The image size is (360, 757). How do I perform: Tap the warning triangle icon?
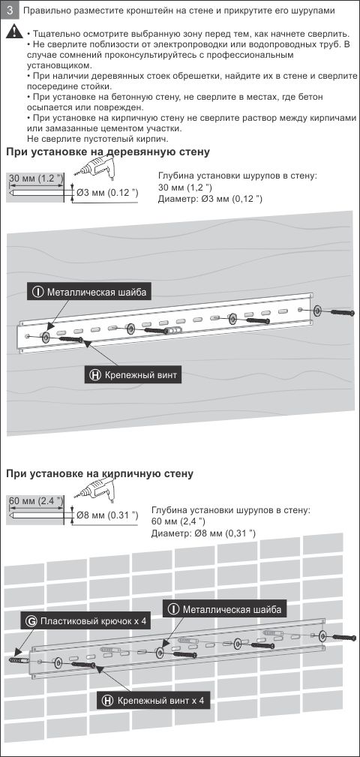pos(14,32)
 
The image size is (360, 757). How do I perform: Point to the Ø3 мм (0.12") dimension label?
pos(107,193)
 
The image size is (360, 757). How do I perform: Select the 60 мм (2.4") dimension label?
pos(36,500)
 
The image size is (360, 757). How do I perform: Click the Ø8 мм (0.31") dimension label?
pos(107,515)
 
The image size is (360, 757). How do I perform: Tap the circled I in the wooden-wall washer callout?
pos(38,292)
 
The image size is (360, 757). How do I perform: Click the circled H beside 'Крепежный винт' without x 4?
pos(95,374)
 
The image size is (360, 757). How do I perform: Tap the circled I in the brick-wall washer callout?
pos(173,609)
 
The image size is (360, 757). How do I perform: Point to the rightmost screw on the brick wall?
pos(344,637)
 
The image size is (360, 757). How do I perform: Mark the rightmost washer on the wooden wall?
pos(317,311)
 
